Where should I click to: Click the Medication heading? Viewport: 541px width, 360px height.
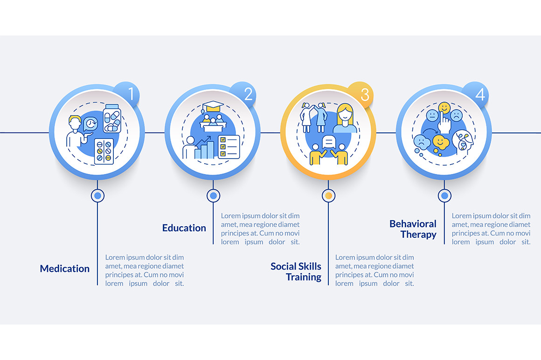64,269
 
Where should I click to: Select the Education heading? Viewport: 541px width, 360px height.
184,228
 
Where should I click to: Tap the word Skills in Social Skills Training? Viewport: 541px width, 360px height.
308,266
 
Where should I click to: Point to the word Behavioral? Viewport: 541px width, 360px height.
413,224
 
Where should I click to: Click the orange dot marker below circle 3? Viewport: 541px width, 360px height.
328,195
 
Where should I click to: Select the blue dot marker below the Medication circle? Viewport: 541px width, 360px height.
97,195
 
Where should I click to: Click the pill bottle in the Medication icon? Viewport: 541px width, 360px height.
112,118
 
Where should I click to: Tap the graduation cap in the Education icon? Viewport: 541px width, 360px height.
213,106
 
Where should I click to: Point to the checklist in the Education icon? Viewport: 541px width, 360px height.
229,147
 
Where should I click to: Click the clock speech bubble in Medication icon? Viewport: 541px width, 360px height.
91,124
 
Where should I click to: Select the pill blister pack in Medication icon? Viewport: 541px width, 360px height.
104,152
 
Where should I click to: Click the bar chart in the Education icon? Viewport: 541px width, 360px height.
203,148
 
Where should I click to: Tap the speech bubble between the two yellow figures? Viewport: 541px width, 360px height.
329,142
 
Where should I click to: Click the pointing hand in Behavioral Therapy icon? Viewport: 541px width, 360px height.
444,123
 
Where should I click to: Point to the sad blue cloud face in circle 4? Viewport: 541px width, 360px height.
422,141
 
